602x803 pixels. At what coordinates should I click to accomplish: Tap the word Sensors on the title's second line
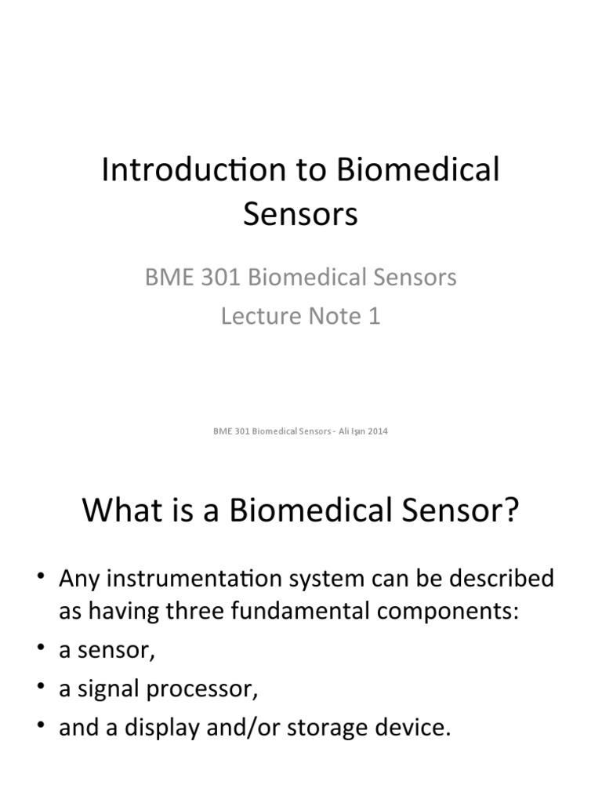point(300,214)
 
